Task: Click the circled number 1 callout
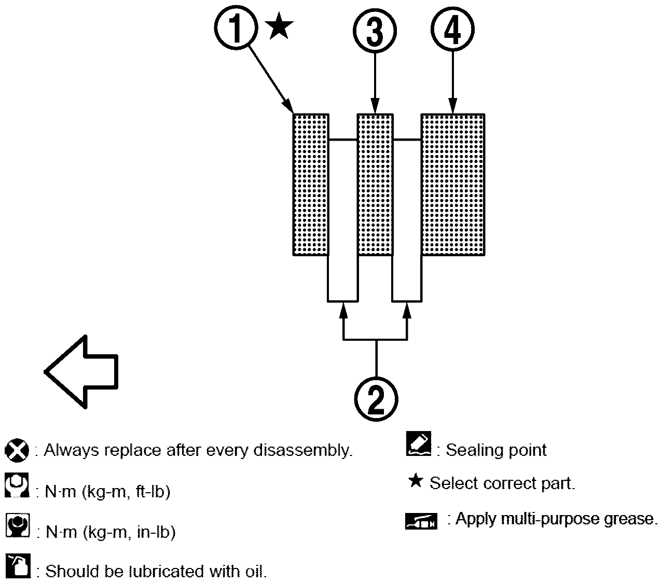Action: (236, 30)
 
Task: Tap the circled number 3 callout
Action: (375, 30)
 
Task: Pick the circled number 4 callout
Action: (453, 30)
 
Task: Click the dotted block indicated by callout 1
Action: (310, 184)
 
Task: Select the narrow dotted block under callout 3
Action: (375, 184)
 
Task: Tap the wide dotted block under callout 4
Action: (453, 184)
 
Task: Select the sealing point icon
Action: (419, 444)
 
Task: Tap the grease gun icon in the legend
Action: (421, 521)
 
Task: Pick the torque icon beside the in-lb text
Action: (17, 526)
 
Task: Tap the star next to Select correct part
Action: (415, 481)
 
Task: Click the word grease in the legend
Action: (628, 519)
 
